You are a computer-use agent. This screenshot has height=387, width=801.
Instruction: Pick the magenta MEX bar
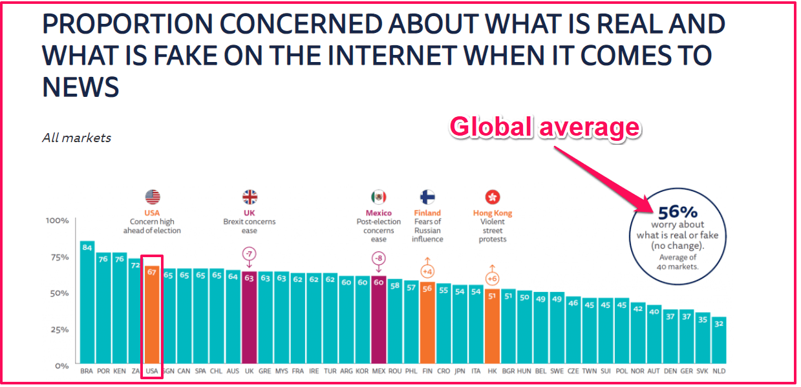378,319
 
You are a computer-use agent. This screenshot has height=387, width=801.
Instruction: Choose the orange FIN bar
427,322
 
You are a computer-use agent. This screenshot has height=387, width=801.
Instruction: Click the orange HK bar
492,326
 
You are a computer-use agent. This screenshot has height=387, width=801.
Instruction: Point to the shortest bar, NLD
718,340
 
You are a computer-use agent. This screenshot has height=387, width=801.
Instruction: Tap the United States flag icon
153,197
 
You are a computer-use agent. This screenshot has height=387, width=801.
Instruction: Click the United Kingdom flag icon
250,197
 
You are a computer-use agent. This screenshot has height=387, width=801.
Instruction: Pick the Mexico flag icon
378,197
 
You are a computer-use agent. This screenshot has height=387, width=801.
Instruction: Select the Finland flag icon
427,197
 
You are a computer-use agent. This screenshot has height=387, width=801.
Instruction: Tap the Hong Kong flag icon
492,197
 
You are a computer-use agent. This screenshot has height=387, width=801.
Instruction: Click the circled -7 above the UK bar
249,253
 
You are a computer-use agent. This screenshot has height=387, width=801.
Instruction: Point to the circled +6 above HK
492,278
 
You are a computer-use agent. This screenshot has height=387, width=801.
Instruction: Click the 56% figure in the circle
676,212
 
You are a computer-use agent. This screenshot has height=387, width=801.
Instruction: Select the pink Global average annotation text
544,127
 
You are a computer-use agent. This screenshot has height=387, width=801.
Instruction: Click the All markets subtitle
76,138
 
